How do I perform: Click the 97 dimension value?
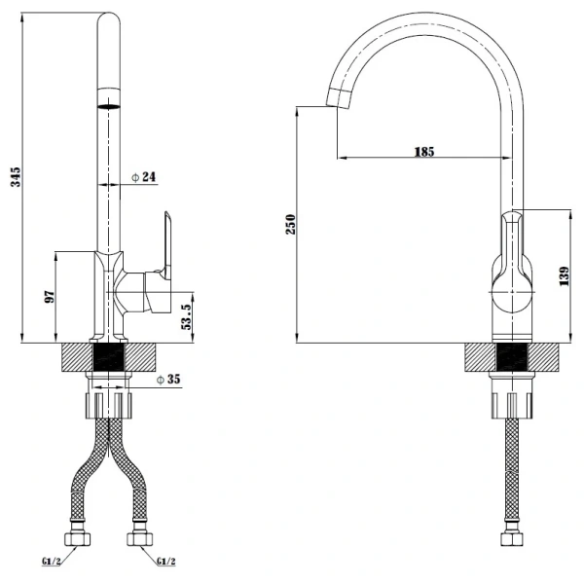click(x=51, y=297)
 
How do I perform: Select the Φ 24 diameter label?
click(x=143, y=177)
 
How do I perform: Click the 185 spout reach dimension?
click(x=423, y=151)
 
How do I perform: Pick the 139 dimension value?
click(x=565, y=276)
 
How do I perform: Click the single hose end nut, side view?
click(x=511, y=538)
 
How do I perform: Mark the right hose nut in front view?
click(x=137, y=538)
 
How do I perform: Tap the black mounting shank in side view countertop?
click(x=511, y=357)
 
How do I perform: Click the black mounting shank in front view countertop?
click(x=108, y=357)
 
